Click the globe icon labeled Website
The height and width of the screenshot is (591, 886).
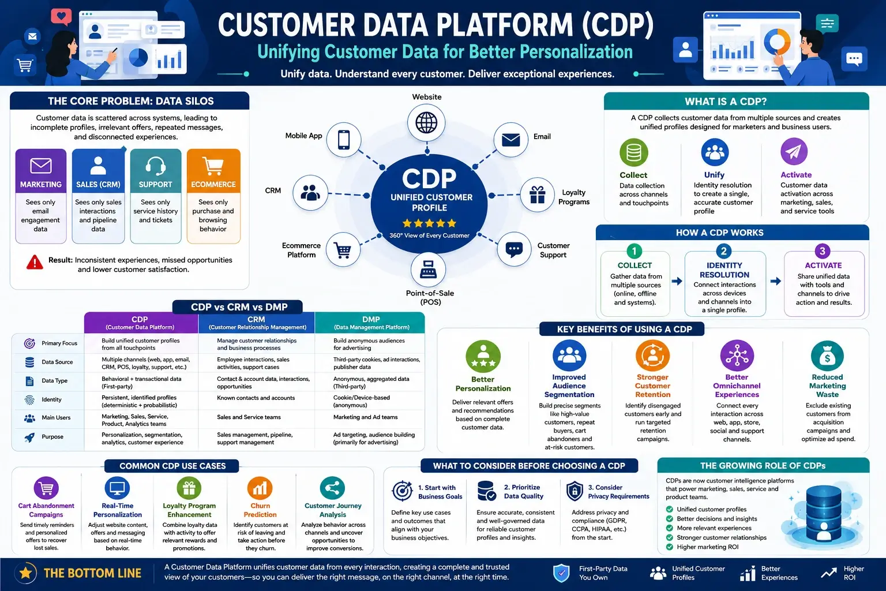pyautogui.click(x=426, y=122)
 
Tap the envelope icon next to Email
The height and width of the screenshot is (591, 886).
pyautogui.click(x=510, y=140)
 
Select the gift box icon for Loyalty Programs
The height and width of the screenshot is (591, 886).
pyautogui.click(x=537, y=194)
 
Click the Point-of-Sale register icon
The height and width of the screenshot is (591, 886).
pyautogui.click(x=428, y=270)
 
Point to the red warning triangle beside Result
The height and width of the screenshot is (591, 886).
pyautogui.click(x=35, y=262)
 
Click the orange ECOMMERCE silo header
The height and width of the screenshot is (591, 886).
pyautogui.click(x=213, y=171)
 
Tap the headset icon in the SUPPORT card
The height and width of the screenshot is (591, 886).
pyautogui.click(x=155, y=166)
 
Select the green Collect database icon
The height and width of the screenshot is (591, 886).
pyautogui.click(x=634, y=152)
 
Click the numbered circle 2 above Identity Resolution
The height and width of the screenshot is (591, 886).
pyautogui.click(x=723, y=251)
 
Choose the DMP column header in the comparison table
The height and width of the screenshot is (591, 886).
pyautogui.click(x=371, y=323)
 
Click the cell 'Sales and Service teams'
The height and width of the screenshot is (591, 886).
pyautogui.click(x=249, y=417)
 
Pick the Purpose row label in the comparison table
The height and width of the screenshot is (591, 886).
pyautogui.click(x=52, y=437)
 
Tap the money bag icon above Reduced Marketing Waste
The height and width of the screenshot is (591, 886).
pyautogui.click(x=827, y=356)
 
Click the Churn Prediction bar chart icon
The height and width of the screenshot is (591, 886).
pyautogui.click(x=260, y=488)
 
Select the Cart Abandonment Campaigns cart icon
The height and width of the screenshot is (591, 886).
pyautogui.click(x=46, y=488)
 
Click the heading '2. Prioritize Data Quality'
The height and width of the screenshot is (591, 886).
pyautogui.click(x=524, y=492)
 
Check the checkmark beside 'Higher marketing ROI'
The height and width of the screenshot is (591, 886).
pyautogui.click(x=669, y=547)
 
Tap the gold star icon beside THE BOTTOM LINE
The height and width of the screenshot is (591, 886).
pyautogui.click(x=26, y=573)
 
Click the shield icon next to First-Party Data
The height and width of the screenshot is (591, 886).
pyautogui.click(x=561, y=573)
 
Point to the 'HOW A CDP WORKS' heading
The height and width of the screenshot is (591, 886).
pyautogui.click(x=719, y=233)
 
